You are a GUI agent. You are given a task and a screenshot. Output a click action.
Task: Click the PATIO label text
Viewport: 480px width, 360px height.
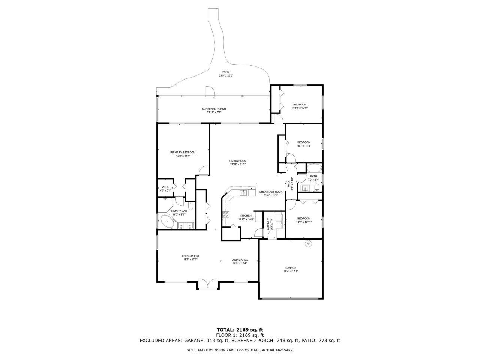pos(226,72)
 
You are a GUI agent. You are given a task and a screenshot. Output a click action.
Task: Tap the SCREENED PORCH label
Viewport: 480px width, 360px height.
pos(214,109)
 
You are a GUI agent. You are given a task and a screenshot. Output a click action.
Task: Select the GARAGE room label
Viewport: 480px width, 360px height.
pos(291,268)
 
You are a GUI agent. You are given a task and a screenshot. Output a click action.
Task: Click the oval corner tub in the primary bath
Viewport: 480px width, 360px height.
pos(167,221)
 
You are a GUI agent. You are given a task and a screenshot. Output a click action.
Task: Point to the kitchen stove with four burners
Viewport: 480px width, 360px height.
pos(226,215)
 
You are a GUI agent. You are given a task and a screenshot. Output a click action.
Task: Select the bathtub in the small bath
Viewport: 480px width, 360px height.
pos(314,168)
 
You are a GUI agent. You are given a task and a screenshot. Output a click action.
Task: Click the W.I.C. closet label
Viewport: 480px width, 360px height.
pos(165,187)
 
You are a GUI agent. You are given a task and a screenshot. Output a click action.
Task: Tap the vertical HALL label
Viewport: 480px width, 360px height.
pos(289,184)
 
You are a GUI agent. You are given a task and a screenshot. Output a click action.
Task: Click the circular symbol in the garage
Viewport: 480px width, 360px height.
pos(308,244)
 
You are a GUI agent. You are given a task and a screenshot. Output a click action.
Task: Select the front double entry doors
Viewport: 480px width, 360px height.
pos(208,284)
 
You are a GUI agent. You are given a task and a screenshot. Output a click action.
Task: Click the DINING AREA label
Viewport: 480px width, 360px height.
pos(240,259)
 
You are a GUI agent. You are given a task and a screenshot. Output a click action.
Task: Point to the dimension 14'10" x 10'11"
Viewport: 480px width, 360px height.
pos(300,108)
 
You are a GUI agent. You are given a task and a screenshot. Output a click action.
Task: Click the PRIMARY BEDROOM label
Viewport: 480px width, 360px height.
pos(183,152)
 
